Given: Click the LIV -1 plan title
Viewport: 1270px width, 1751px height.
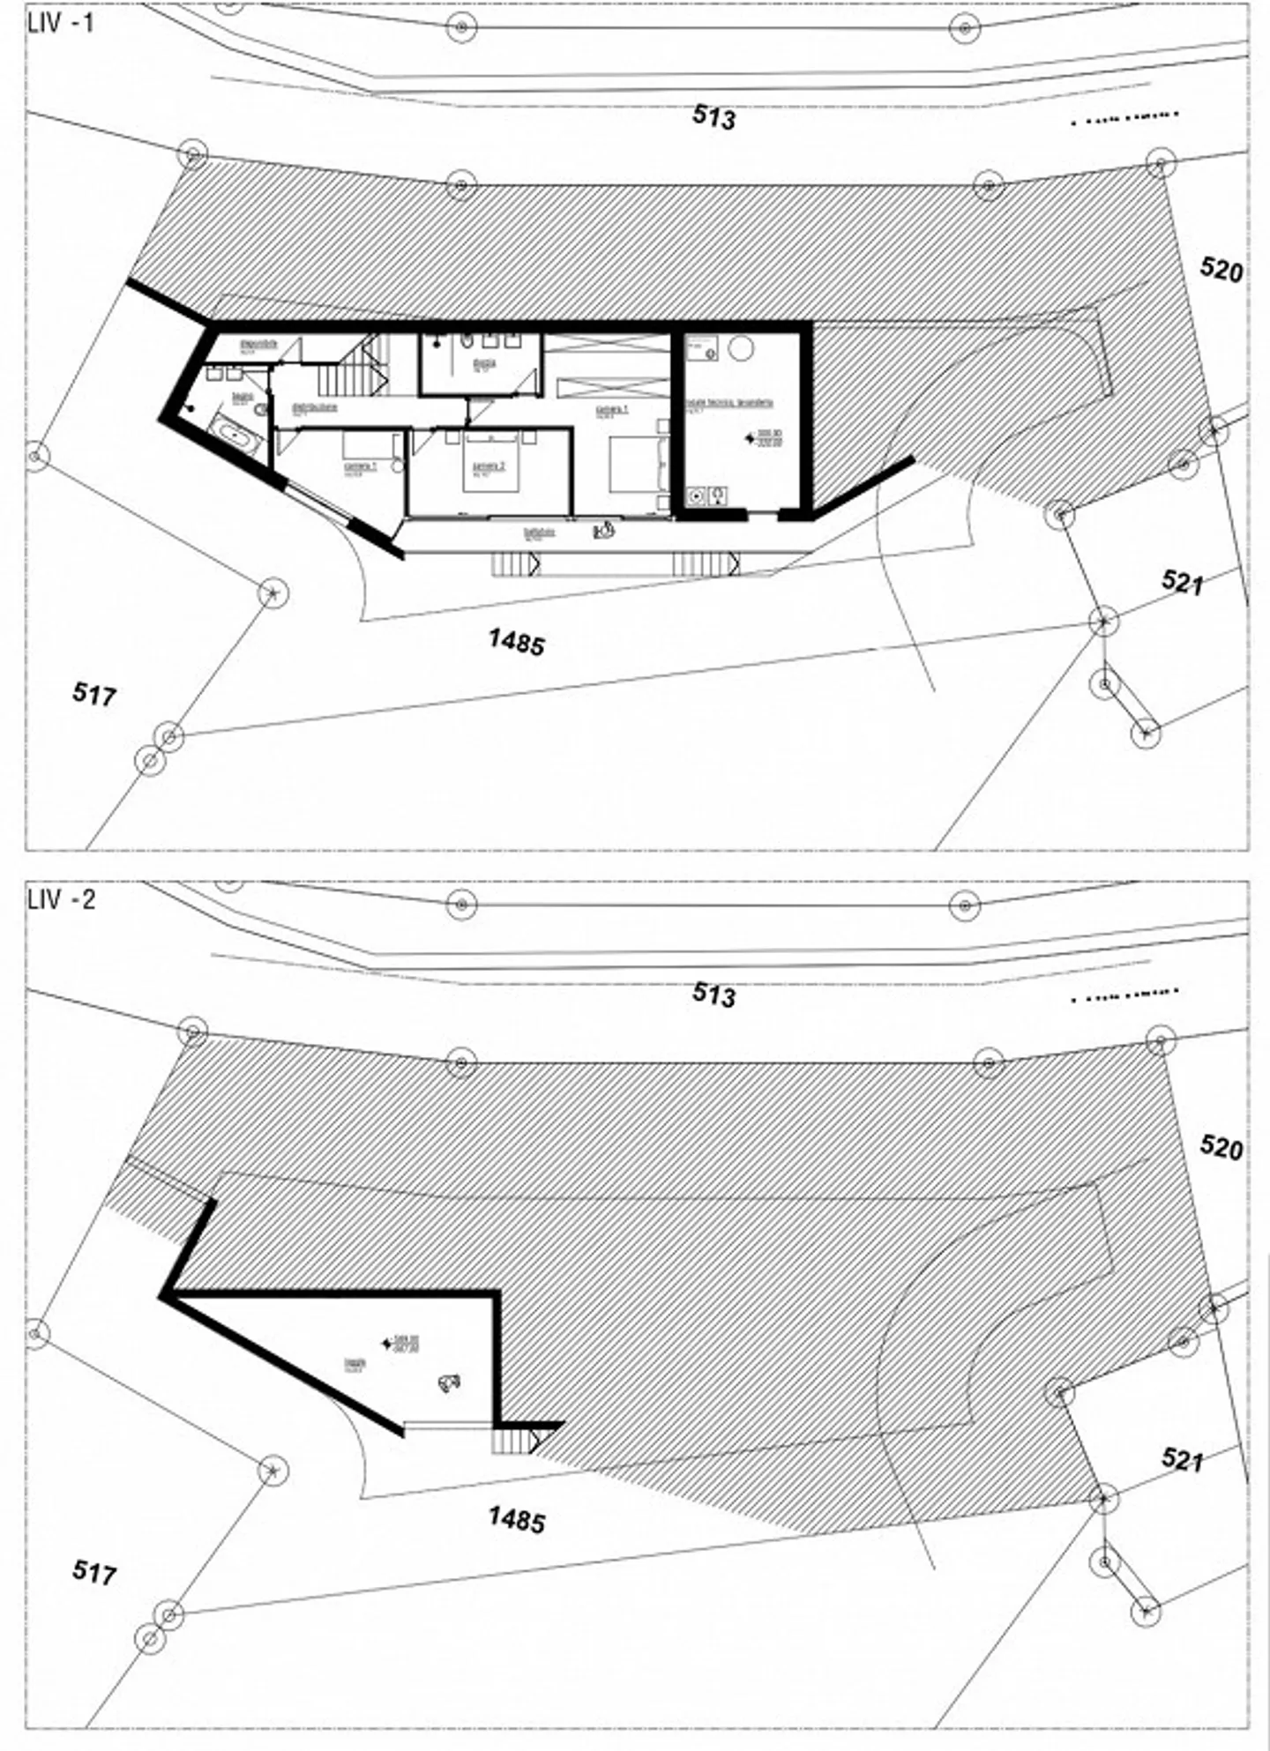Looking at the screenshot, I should (x=60, y=24).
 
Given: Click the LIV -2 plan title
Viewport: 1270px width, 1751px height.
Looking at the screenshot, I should (x=60, y=900).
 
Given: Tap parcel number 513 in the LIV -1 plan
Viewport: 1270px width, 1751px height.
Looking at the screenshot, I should (x=713, y=116).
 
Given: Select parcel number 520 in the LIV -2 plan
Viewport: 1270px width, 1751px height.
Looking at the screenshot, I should (x=1221, y=1147).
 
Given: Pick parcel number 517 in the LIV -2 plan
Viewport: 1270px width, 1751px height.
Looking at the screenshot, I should (x=93, y=1571).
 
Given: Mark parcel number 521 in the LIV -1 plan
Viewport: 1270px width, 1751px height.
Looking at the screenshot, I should (x=1183, y=582).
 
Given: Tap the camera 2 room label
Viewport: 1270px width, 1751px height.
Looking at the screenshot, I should (x=488, y=467).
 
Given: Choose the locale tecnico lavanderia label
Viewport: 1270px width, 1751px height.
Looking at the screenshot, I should (x=729, y=403).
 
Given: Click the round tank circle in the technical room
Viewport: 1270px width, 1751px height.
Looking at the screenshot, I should (x=741, y=347).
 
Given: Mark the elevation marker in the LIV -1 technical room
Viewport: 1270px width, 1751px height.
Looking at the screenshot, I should (x=752, y=436).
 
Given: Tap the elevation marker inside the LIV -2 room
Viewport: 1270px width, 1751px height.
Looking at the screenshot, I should (x=386, y=1344).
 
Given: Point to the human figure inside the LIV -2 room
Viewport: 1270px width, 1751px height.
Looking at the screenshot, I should (x=449, y=1383).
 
